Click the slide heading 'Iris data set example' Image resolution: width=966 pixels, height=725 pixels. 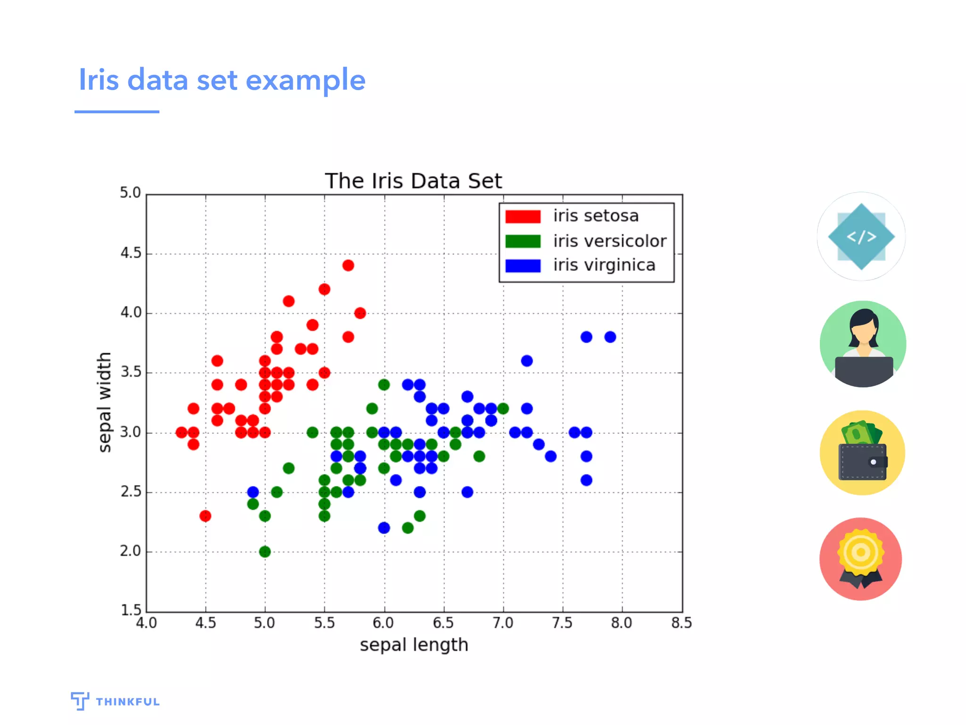pyautogui.click(x=222, y=80)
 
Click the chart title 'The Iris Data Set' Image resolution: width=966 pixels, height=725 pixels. pyautogui.click(x=413, y=181)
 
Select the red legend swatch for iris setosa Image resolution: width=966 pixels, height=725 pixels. pyautogui.click(x=523, y=217)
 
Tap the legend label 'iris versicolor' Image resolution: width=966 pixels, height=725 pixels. pyautogui.click(x=609, y=241)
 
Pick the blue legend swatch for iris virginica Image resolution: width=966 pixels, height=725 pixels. pyautogui.click(x=523, y=266)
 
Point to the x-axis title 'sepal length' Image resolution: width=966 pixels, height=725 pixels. pyautogui.click(x=414, y=645)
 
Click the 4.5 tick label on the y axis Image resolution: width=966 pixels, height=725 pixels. pyautogui.click(x=131, y=253)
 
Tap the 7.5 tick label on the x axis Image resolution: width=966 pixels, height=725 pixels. pyautogui.click(x=562, y=624)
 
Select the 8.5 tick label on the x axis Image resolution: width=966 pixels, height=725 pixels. pyautogui.click(x=681, y=624)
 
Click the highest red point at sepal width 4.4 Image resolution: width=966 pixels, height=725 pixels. pyautogui.click(x=348, y=265)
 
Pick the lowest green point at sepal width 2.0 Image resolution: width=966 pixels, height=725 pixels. pyautogui.click(x=265, y=551)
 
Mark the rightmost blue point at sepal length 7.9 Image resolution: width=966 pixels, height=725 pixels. pyautogui.click(x=610, y=337)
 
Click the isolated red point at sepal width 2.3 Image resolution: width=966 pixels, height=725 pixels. pyautogui.click(x=205, y=516)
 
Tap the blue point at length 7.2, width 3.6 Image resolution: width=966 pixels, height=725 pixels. pyautogui.click(x=527, y=361)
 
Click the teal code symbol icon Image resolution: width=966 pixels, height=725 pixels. pyautogui.click(x=861, y=236)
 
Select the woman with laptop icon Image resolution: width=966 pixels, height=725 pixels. pyautogui.click(x=863, y=344)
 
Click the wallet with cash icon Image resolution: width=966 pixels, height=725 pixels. pyautogui.click(x=862, y=453)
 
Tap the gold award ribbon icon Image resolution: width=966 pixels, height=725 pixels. pyautogui.click(x=861, y=559)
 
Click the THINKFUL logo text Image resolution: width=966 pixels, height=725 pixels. pyautogui.click(x=127, y=702)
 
